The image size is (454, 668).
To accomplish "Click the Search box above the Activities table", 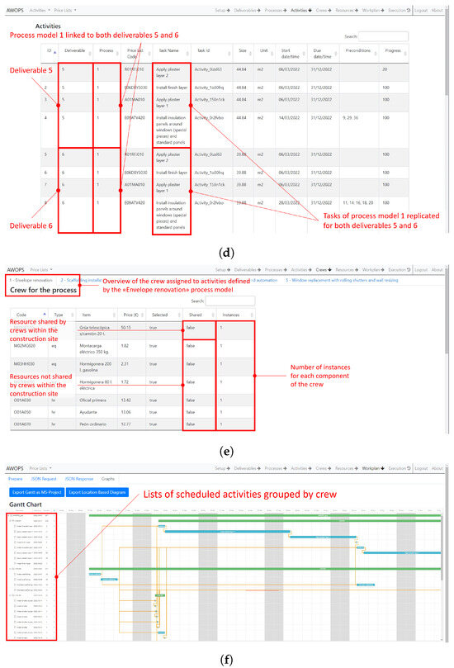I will pos(383,36).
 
